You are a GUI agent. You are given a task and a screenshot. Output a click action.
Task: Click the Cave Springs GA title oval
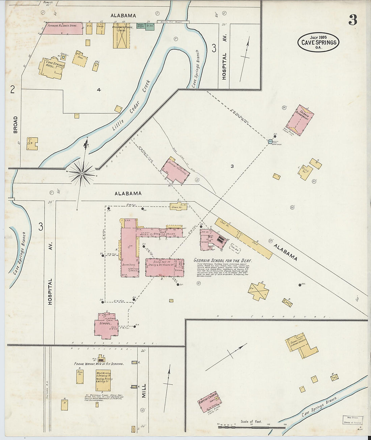(318, 42)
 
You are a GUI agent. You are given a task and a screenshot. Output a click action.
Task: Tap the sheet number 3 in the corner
(352, 21)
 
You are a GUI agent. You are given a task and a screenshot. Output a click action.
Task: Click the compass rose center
(82, 173)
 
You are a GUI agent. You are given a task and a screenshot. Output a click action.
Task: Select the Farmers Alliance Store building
(62, 29)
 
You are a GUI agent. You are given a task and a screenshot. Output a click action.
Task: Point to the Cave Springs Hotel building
(52, 68)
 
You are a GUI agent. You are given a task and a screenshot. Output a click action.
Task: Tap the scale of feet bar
(251, 427)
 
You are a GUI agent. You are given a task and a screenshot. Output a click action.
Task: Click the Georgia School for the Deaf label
(223, 261)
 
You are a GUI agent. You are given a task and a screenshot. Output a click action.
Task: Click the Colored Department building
(299, 120)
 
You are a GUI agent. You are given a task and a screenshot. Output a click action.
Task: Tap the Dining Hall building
(165, 267)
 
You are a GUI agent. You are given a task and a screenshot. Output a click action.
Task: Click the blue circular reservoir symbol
(270, 142)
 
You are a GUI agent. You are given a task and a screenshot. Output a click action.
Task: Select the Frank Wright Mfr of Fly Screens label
(99, 364)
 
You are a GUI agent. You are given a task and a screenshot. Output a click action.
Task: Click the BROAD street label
(16, 125)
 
